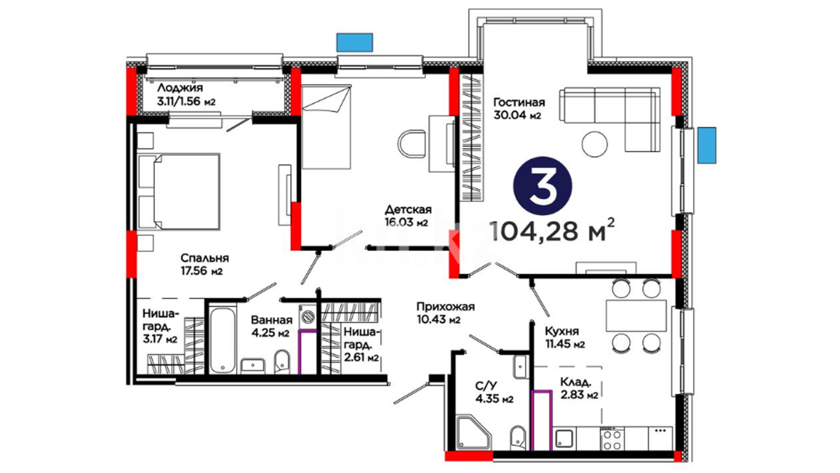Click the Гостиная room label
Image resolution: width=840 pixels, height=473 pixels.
519,102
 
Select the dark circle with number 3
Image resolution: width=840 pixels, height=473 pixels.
542,186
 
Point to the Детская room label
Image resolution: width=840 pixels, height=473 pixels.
408,209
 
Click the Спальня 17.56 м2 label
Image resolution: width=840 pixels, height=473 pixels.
204,264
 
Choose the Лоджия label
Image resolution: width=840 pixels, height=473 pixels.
180,88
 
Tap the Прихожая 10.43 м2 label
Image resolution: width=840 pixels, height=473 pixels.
445,313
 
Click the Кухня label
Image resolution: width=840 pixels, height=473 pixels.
562,331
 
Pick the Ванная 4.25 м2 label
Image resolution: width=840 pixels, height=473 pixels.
271,326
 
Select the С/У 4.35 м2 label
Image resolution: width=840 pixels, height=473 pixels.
494,392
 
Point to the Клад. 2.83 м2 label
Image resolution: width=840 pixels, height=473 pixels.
579,388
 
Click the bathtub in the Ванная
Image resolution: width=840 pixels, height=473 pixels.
222,340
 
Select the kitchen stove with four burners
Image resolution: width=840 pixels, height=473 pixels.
612,439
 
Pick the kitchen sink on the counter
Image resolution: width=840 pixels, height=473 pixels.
564,439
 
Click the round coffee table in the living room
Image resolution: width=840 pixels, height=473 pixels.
595,144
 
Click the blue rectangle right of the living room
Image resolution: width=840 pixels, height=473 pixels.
707,145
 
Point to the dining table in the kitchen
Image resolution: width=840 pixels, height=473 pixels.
636,315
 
